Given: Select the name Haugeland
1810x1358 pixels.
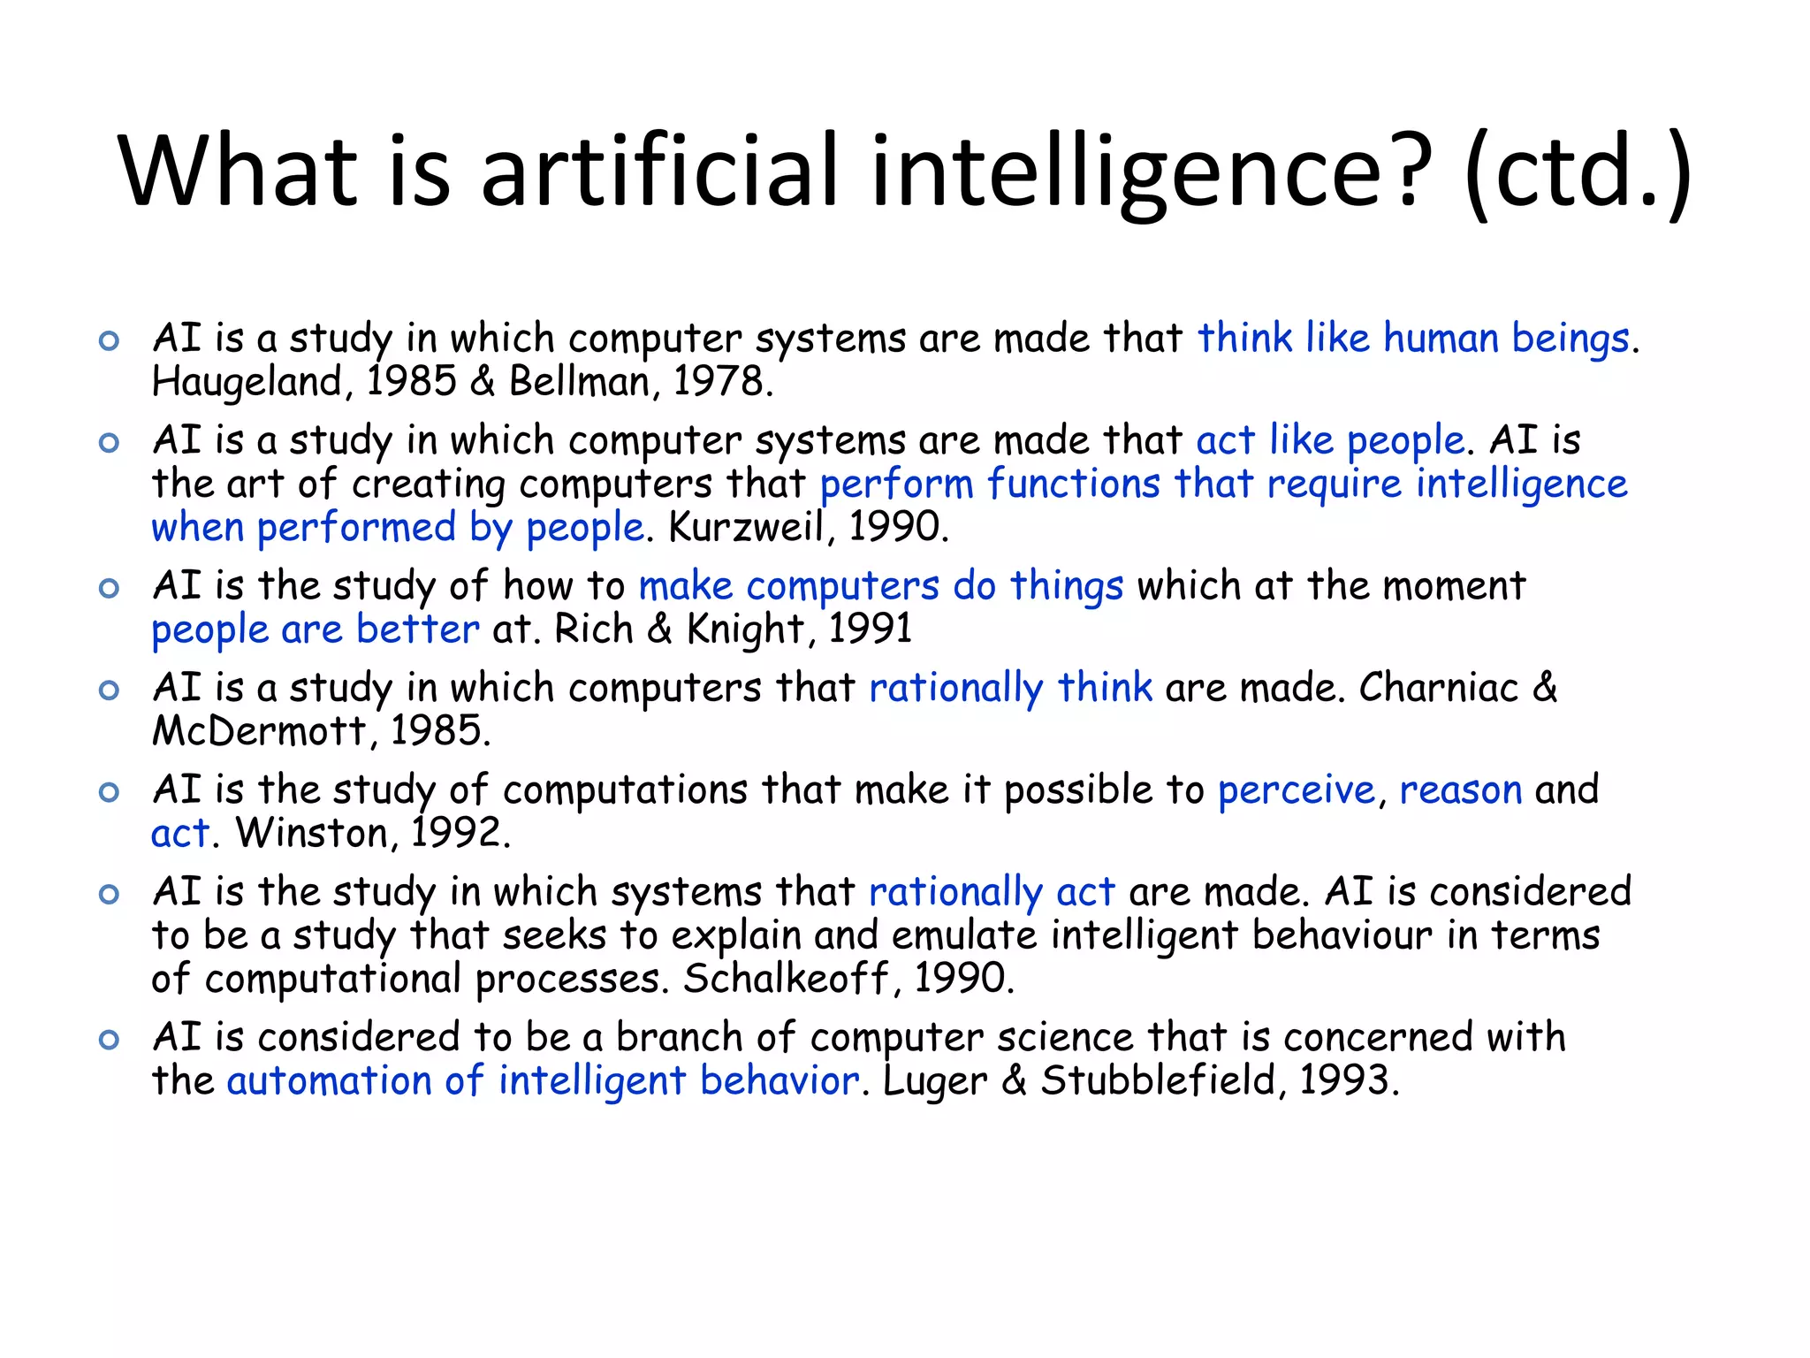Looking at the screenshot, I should click(x=247, y=383).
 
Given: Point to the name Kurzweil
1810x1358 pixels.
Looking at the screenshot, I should click(x=745, y=528).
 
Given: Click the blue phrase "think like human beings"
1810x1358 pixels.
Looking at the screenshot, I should click(x=1412, y=339).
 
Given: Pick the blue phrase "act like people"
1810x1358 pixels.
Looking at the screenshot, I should click(x=1329, y=440).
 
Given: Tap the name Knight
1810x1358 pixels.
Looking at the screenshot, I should click(x=744, y=629).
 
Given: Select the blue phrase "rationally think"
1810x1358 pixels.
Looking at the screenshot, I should click(x=1010, y=688).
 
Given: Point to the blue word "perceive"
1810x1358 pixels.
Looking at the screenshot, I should click(x=1296, y=790).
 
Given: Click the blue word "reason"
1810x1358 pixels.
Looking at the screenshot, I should click(x=1460, y=790).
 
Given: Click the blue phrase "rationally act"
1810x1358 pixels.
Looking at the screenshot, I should click(x=992, y=891).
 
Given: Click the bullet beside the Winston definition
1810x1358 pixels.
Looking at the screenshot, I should click(x=109, y=792).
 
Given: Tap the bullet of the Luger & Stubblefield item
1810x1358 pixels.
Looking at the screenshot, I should click(x=109, y=1040).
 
